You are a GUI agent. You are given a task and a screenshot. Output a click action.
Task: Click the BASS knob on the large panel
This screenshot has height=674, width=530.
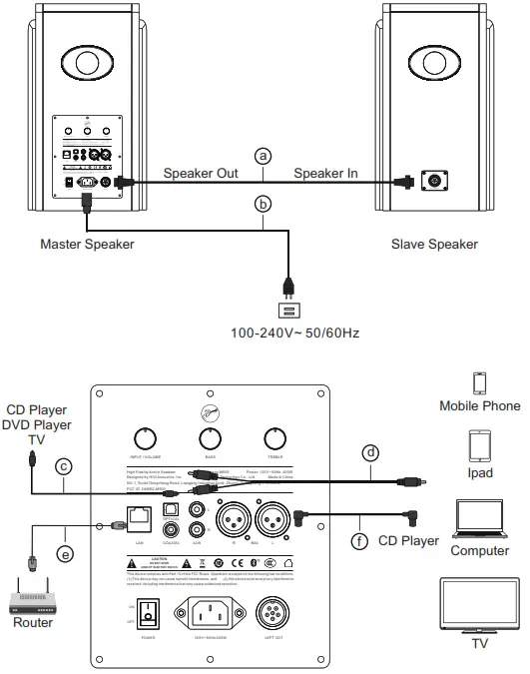[209, 437]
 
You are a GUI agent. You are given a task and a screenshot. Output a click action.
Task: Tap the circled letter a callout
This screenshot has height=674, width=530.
[263, 156]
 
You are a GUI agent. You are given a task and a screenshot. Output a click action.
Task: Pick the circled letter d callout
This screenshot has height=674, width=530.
[370, 452]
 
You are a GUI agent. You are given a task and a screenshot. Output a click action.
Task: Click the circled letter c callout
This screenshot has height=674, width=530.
[62, 466]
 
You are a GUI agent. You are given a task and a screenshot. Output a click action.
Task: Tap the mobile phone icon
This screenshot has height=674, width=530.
[479, 383]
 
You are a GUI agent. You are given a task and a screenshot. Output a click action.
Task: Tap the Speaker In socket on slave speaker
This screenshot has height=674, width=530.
[435, 182]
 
